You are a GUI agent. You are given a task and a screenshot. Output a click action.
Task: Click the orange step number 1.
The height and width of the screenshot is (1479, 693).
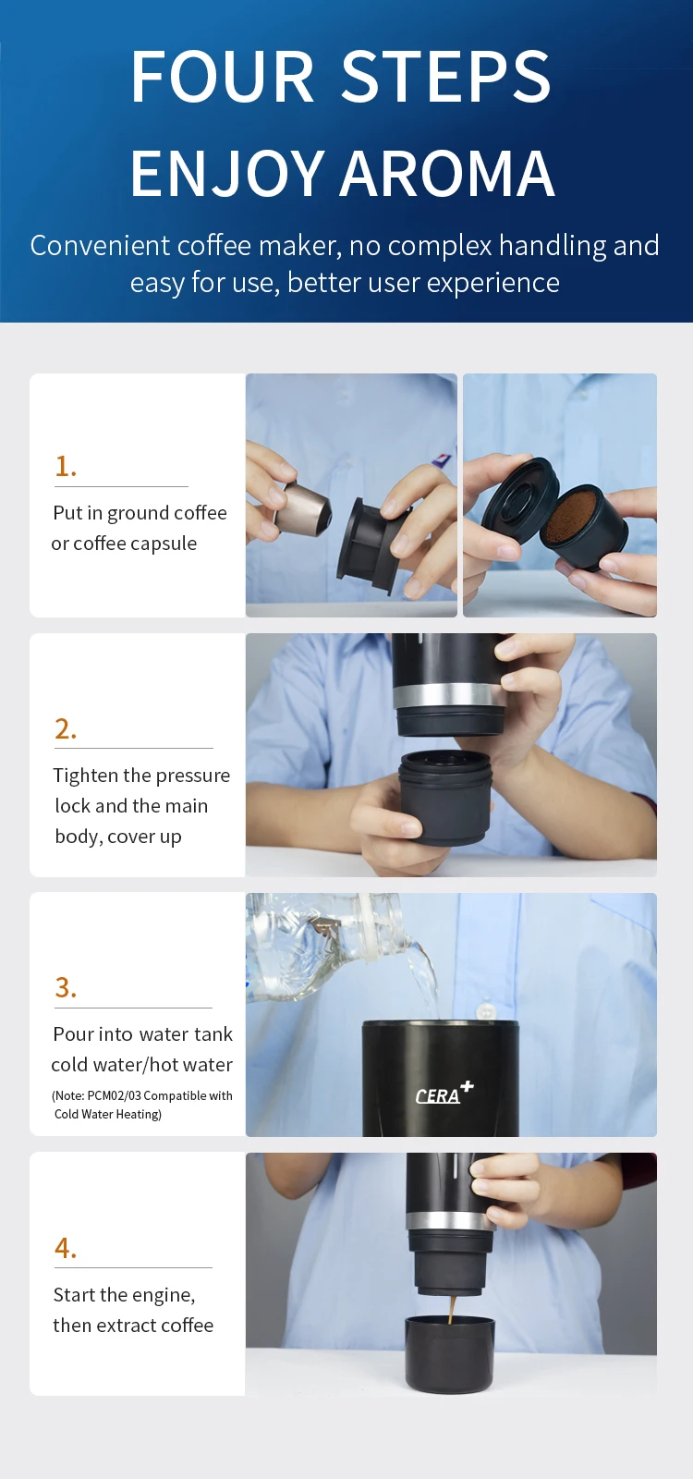[66, 466]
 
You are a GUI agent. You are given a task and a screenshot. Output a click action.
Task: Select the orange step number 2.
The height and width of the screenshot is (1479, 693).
[66, 728]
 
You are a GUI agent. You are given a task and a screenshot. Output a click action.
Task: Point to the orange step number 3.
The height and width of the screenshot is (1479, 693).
[66, 987]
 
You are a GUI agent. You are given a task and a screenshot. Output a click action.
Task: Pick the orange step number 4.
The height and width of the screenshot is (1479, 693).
[66, 1248]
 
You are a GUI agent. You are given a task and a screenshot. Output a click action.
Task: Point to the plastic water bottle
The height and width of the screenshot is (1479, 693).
[330, 944]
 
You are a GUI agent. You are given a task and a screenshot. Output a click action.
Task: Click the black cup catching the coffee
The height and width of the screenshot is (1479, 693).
[449, 1355]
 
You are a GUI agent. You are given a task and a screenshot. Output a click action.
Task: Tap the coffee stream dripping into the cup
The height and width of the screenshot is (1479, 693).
[452, 1310]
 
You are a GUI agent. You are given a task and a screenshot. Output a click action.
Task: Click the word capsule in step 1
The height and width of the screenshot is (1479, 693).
[165, 544]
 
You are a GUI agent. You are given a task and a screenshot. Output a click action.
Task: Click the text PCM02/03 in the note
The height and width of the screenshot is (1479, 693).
[114, 1095]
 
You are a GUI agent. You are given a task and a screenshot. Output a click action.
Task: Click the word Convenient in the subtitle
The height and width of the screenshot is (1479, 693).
[100, 246]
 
